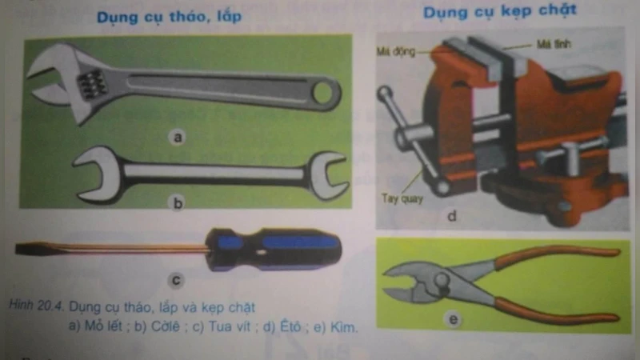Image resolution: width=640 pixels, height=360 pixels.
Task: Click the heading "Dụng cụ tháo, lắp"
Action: click(x=169, y=17)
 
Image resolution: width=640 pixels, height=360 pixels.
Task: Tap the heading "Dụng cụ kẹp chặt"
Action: click(x=499, y=13)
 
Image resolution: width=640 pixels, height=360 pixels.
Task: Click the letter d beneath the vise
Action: click(x=452, y=214)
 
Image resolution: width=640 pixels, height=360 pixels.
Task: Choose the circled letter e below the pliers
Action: click(x=453, y=321)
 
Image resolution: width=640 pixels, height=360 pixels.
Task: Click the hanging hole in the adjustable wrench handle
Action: click(x=324, y=93)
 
